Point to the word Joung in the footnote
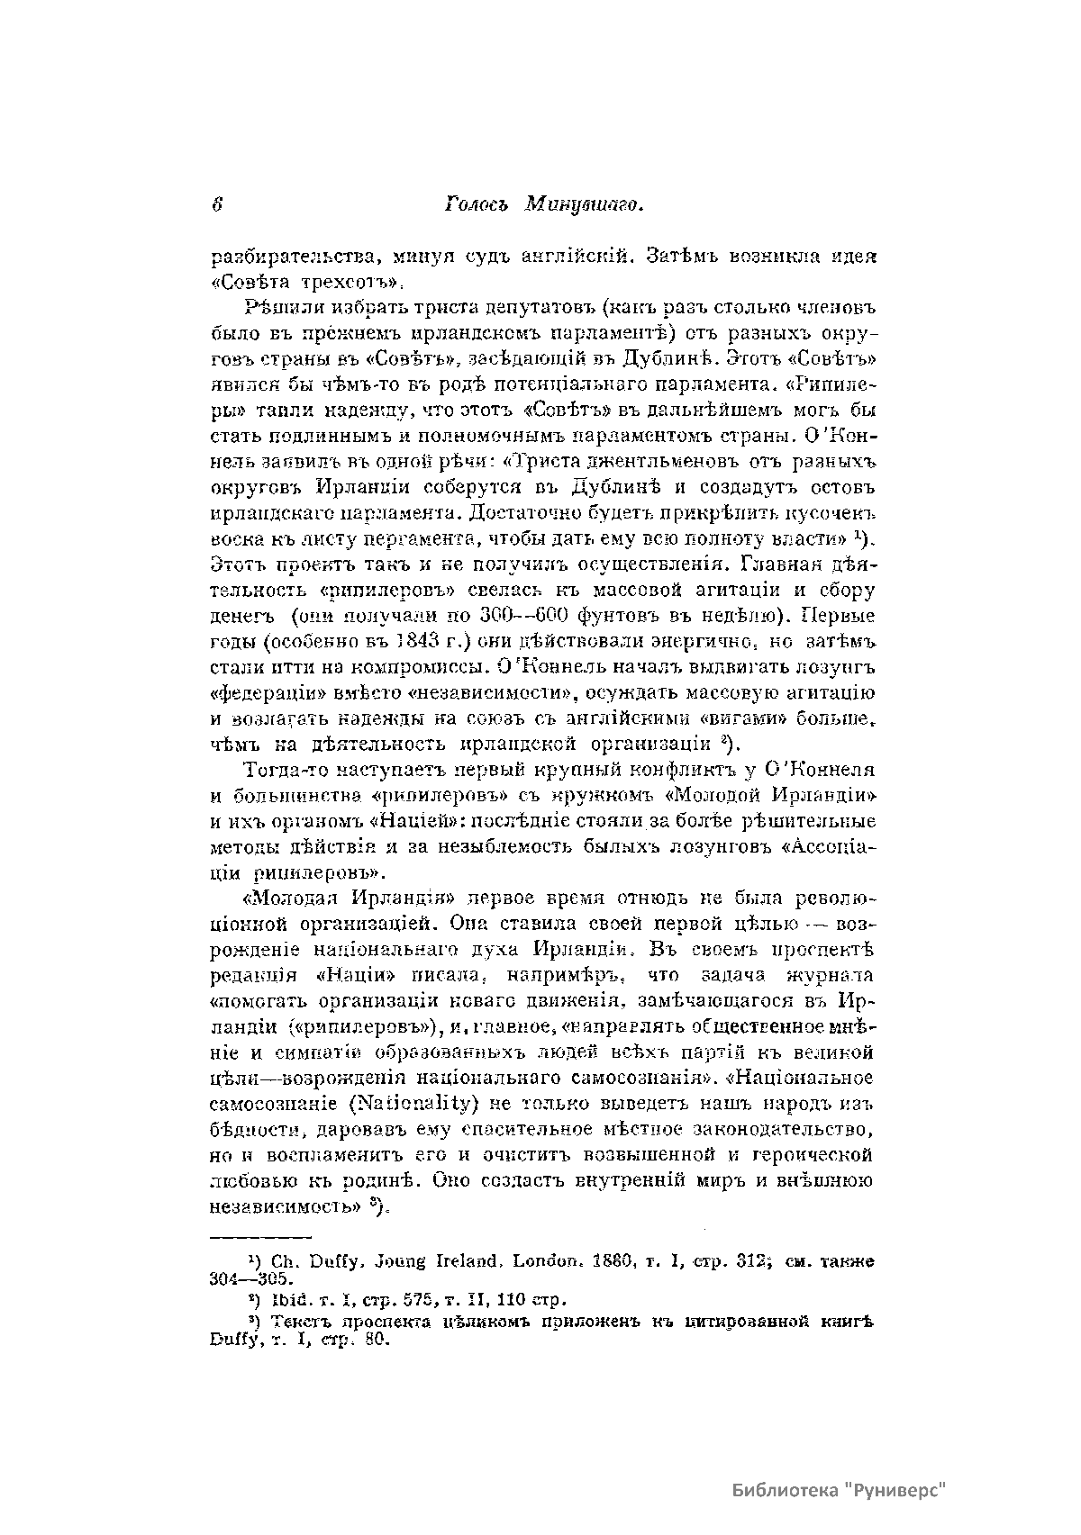point(376,1261)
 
